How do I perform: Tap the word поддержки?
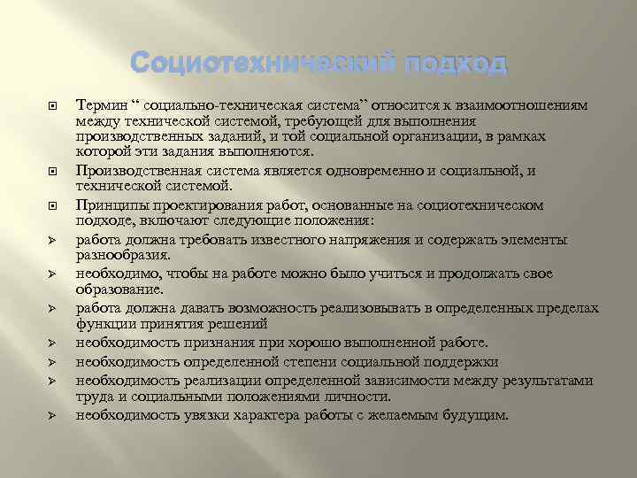pos(467,361)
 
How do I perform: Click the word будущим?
pos(477,414)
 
